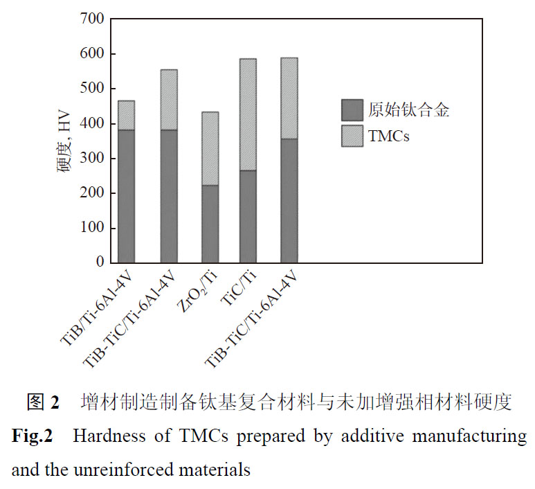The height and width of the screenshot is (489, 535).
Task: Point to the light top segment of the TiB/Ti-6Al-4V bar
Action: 126,115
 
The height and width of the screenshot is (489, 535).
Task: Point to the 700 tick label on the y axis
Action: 91,19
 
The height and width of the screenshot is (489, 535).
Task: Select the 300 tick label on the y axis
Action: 91,159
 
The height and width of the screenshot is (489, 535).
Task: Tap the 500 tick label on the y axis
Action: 91,89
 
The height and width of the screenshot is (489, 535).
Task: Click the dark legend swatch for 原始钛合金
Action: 352,109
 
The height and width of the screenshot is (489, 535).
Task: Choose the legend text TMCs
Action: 390,136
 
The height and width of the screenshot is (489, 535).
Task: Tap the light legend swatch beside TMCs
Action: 352,136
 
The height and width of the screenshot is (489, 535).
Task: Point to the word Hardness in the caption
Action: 105,437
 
